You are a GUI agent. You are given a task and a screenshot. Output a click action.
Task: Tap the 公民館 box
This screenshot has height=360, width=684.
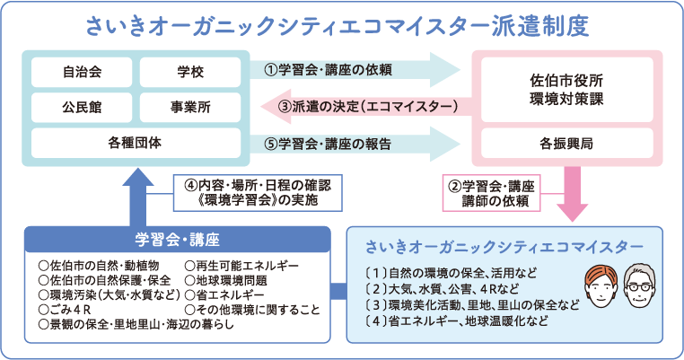tap(81, 107)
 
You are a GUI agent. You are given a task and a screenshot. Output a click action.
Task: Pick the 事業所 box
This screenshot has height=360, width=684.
tap(190, 107)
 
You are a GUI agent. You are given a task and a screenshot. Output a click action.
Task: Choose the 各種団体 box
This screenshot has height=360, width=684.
tap(135, 142)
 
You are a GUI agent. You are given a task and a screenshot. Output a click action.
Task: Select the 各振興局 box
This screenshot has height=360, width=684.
tap(566, 143)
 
